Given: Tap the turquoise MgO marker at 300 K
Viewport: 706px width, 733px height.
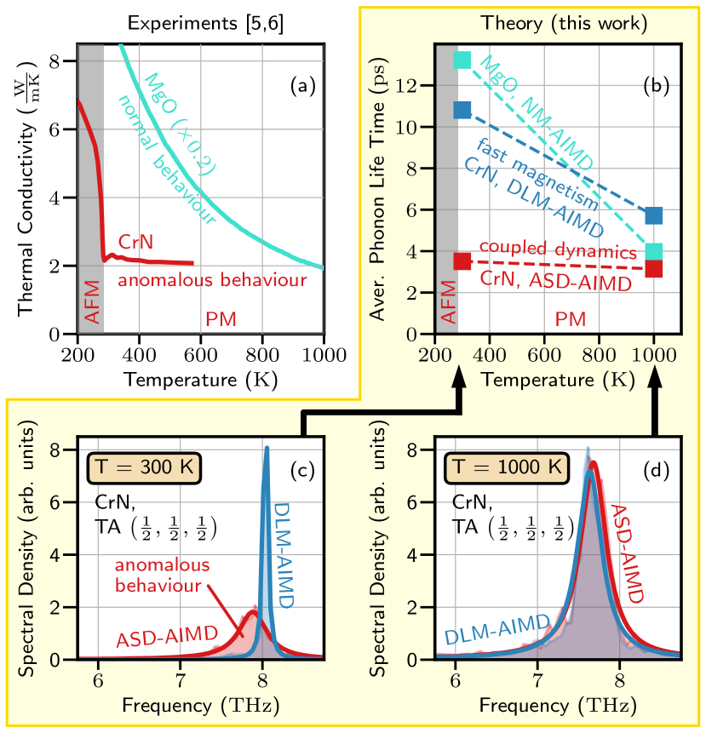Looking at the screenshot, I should pyautogui.click(x=462, y=60).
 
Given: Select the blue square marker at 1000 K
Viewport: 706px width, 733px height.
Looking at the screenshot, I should pyautogui.click(x=654, y=215).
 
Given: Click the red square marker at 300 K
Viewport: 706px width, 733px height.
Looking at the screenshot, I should pyautogui.click(x=462, y=261).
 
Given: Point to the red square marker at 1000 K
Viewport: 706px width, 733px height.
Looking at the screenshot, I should pyautogui.click(x=654, y=268).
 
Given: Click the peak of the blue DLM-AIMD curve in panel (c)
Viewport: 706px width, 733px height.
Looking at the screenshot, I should pyautogui.click(x=267, y=449).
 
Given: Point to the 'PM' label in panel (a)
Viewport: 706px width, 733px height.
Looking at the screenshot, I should pyautogui.click(x=221, y=319).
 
